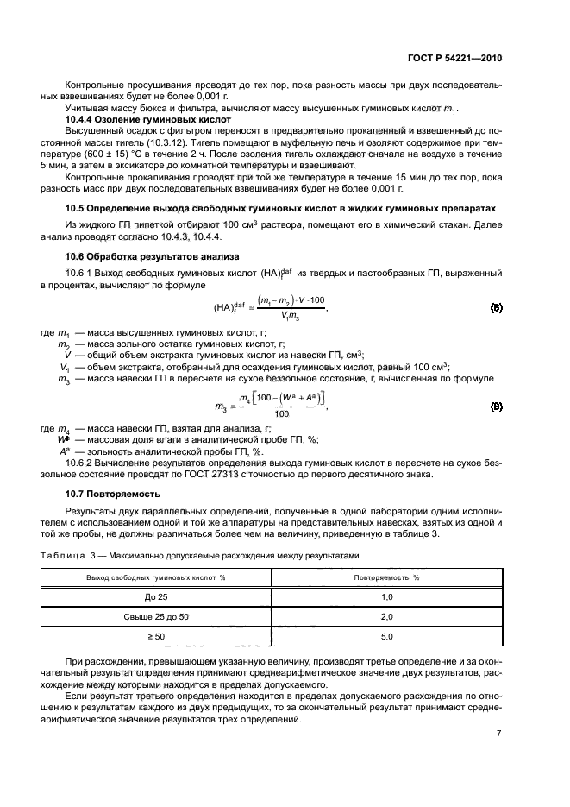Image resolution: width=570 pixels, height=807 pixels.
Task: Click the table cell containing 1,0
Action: pos(386,596)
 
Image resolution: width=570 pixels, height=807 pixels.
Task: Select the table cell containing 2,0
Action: pos(386,616)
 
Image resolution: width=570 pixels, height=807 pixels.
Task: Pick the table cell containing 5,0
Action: pos(386,636)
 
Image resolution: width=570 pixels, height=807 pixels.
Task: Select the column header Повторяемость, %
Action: pos(386,577)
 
